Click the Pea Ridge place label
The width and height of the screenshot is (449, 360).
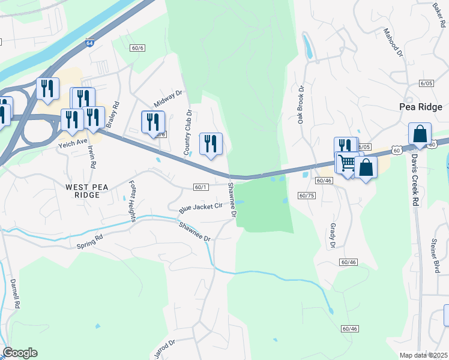click(x=421, y=107)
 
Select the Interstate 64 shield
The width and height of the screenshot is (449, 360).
click(x=89, y=43)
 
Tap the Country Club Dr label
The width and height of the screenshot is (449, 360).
click(x=187, y=131)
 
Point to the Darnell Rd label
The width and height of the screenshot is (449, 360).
click(x=16, y=293)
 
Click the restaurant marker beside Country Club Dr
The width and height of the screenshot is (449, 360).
click(x=211, y=144)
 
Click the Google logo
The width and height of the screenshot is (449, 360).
click(x=20, y=353)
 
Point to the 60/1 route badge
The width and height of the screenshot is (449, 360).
click(x=201, y=187)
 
